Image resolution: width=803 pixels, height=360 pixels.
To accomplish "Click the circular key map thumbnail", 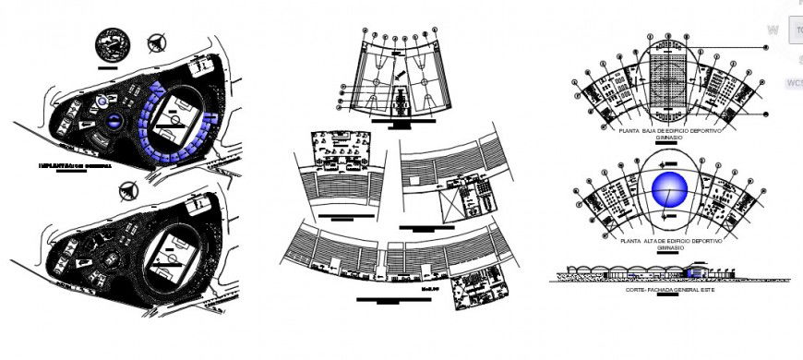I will point(114,44).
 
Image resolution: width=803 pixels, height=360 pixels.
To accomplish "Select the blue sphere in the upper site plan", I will point(113,120).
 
